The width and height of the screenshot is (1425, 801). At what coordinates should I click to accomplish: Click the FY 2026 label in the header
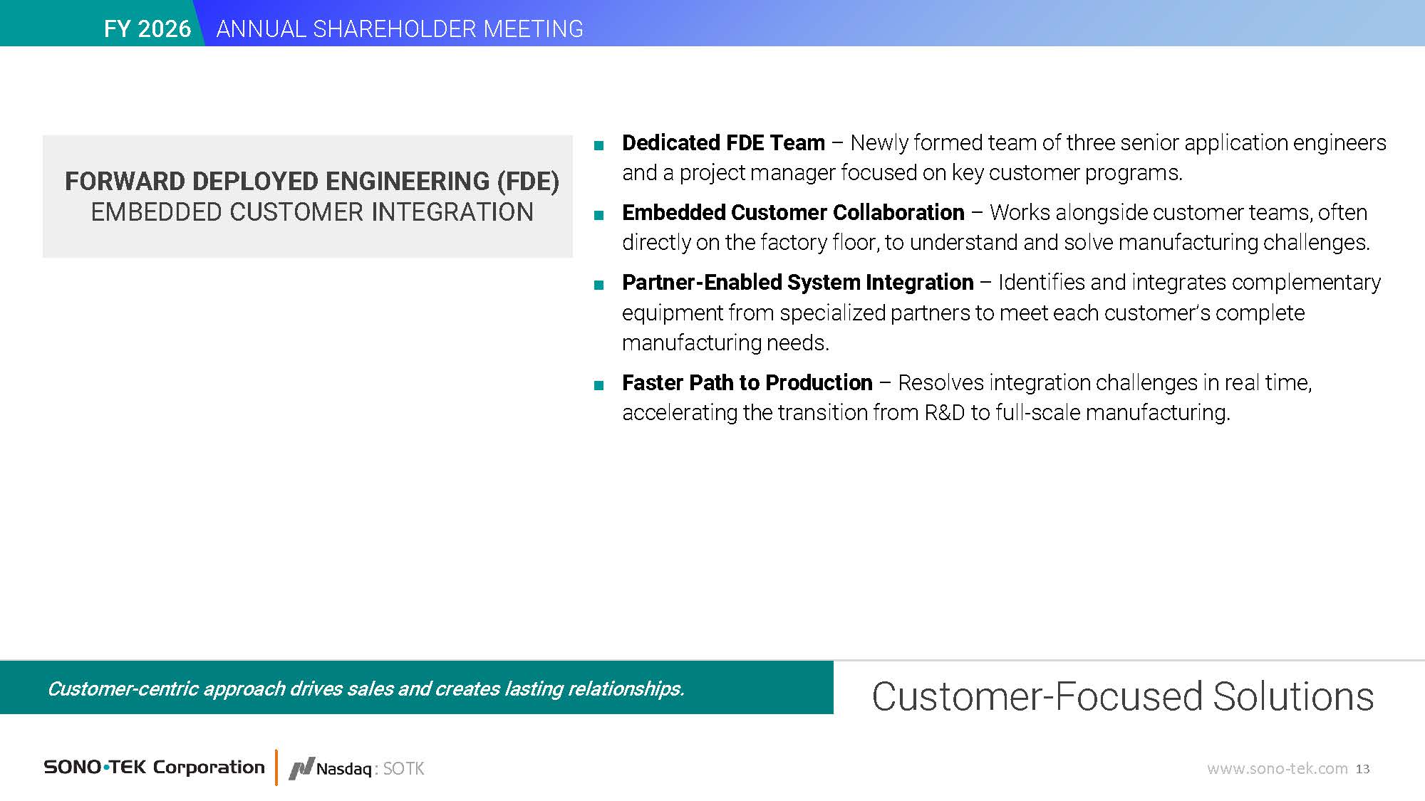[x=147, y=28]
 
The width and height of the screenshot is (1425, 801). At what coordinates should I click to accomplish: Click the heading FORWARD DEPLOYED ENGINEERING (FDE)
[x=312, y=181]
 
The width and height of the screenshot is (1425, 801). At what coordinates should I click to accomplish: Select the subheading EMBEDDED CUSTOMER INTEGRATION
[x=312, y=212]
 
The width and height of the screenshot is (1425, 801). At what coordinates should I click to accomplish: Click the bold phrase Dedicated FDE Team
[x=723, y=142]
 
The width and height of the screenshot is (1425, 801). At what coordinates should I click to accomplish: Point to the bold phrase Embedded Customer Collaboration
[x=793, y=212]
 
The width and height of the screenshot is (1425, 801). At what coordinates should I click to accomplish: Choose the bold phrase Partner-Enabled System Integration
[x=798, y=282]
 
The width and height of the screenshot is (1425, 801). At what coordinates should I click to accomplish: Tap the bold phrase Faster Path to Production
[x=747, y=382]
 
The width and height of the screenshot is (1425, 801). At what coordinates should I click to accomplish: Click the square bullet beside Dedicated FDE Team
[x=598, y=146]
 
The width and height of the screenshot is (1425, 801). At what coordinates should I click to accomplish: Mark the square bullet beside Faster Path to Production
[x=598, y=386]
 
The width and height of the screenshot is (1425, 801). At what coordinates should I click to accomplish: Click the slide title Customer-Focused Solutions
[x=1123, y=696]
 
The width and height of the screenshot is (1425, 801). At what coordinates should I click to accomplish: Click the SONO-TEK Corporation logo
[x=154, y=767]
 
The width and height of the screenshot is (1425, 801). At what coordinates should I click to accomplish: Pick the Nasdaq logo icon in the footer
[x=301, y=769]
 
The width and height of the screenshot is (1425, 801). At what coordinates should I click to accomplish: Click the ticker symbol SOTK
[x=403, y=769]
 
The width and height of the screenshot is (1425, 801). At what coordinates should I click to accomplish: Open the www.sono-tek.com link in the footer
[x=1277, y=769]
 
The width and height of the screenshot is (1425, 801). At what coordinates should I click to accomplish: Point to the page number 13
[x=1362, y=769]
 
